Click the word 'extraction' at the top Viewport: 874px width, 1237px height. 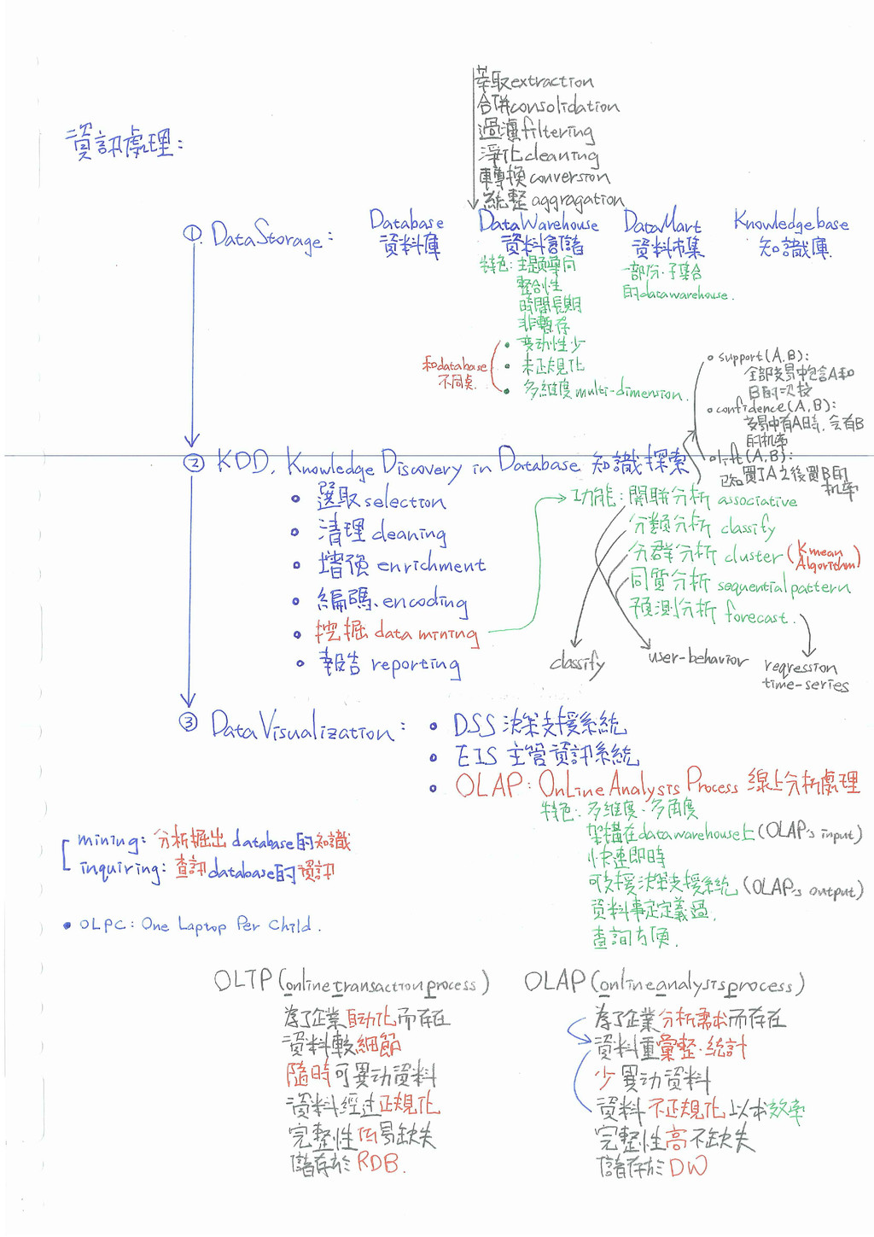551,82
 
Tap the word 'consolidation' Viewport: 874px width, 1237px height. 568,107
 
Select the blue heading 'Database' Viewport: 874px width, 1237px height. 406,221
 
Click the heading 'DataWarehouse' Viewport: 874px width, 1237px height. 538,223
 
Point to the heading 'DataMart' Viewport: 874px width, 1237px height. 661,224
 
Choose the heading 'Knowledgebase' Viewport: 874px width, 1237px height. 791,222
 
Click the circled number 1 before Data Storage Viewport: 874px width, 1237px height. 192,233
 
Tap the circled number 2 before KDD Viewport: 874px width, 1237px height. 195,463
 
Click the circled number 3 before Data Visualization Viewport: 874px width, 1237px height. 188,723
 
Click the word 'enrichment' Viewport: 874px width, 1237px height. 431,565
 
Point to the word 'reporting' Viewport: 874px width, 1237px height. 416,665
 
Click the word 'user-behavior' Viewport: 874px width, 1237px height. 697,658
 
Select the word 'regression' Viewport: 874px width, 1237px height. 801,667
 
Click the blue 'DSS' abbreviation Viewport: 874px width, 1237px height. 474,726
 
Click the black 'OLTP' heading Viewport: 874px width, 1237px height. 243,980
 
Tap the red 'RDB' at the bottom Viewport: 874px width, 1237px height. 377,1162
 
